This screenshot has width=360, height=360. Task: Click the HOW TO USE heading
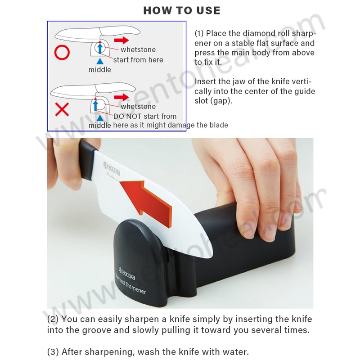[x=182, y=10]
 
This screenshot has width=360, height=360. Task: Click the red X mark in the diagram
[x=62, y=109]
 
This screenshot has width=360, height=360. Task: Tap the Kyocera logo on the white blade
[x=112, y=169]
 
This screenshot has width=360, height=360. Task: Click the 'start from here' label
[x=138, y=60]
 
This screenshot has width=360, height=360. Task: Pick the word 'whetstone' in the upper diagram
[x=138, y=49]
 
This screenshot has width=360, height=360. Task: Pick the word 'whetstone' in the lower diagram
[x=138, y=107]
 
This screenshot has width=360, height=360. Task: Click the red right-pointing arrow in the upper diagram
[x=121, y=40]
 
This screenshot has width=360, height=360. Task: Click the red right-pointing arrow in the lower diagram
[x=121, y=97]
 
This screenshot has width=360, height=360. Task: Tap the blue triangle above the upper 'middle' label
[x=100, y=61]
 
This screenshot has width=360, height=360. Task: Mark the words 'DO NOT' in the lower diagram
[x=125, y=117]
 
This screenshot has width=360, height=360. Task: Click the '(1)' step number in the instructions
[x=199, y=33]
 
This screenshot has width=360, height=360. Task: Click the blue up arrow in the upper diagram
[x=100, y=49]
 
